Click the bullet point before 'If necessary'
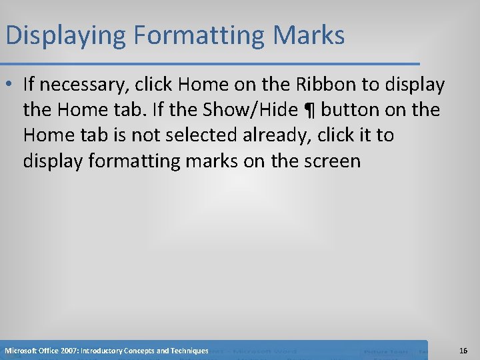(11, 85)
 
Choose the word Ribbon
(317, 85)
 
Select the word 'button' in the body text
(355, 110)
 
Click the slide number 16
(463, 351)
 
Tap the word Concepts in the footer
(142, 351)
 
